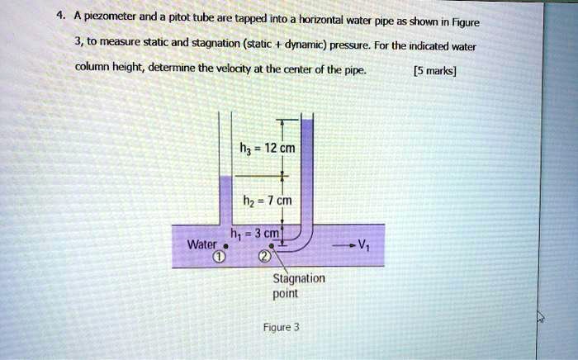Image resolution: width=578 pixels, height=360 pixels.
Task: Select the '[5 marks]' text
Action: click(435, 71)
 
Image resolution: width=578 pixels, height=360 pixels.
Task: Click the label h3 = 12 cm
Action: click(261, 149)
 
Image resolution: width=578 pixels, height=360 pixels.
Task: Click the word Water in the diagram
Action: click(201, 245)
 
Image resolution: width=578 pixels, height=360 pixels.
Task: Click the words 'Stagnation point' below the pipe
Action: click(298, 286)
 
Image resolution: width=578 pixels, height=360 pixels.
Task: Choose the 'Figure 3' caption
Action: click(282, 327)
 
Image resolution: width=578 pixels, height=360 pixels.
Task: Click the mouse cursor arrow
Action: click(540, 315)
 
